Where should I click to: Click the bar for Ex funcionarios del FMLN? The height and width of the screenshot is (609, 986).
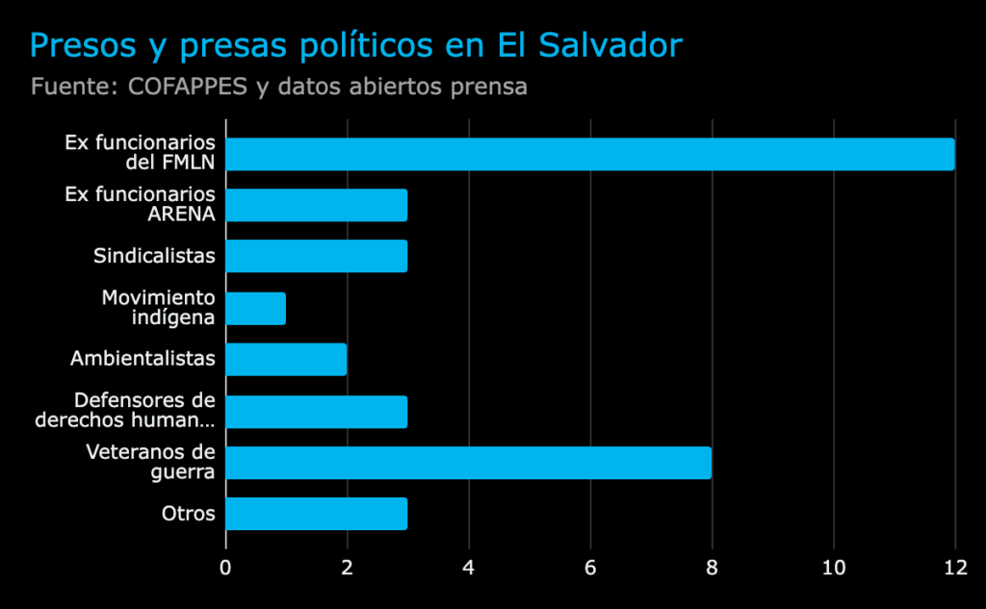(589, 154)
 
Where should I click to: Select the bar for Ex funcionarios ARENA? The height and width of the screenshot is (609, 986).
(316, 205)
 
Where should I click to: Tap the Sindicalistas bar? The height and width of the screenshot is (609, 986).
(316, 256)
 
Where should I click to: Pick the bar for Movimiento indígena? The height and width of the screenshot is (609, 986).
(255, 308)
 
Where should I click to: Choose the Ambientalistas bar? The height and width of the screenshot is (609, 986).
(286, 359)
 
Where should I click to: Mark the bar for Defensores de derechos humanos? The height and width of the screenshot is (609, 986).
(316, 411)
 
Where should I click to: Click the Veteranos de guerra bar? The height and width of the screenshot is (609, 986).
(468, 463)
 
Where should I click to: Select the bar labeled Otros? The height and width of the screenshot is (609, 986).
(316, 514)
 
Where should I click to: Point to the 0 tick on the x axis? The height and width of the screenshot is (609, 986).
(225, 568)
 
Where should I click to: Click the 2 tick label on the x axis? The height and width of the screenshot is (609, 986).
(347, 568)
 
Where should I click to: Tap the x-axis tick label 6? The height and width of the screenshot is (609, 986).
(590, 568)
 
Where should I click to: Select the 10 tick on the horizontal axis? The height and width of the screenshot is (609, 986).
(833, 568)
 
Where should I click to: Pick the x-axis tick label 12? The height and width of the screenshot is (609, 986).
(954, 568)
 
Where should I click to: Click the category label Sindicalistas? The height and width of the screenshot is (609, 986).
(154, 256)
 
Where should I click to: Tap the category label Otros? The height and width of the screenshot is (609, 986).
(189, 514)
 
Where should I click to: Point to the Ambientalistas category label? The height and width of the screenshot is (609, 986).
(143, 359)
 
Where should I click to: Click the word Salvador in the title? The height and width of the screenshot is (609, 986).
(607, 46)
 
